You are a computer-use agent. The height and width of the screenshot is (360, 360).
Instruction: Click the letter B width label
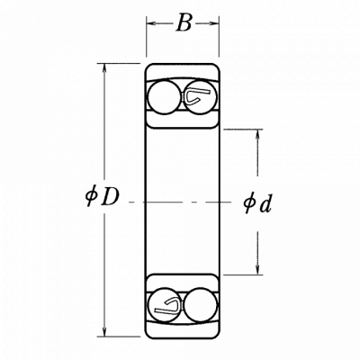point(184,22)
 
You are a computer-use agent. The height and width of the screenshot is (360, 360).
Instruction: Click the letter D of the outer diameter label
point(110,196)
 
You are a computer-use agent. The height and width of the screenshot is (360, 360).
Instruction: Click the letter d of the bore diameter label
point(265,204)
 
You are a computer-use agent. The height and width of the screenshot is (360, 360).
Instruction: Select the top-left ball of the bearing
point(164,97)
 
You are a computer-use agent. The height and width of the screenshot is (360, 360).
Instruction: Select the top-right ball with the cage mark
point(200,97)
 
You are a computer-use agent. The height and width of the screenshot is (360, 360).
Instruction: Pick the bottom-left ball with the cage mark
point(165,305)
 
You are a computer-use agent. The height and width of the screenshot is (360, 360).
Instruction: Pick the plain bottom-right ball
point(201,305)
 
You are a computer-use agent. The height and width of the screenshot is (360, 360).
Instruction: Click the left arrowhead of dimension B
point(150,23)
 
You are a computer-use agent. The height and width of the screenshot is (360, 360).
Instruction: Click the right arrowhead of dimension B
point(214,23)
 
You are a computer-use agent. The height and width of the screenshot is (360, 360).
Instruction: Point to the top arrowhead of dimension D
point(104,68)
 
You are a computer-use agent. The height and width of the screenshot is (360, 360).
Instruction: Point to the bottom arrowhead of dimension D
point(104,331)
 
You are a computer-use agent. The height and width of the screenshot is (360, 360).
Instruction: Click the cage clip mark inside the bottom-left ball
point(167,306)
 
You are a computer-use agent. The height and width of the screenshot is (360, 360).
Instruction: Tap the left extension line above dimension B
point(146,36)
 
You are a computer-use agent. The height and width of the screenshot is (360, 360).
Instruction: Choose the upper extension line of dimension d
point(243,130)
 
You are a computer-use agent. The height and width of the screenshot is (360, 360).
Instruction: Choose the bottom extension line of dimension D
point(119,337)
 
